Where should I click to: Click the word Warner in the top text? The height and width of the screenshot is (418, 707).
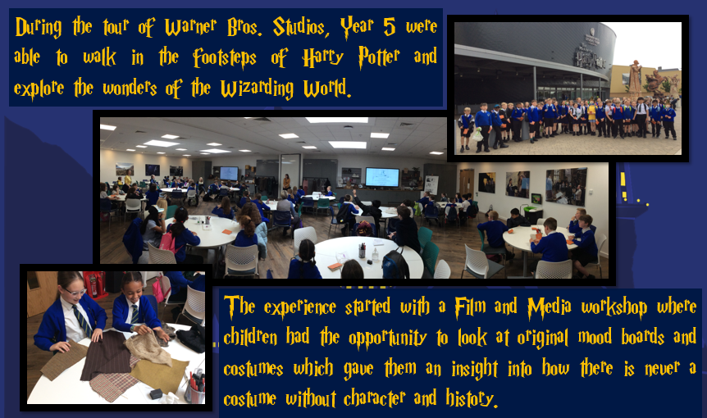click(x=190, y=27)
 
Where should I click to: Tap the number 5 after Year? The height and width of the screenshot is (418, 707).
click(x=390, y=27)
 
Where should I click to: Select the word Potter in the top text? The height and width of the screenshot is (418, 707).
click(x=379, y=57)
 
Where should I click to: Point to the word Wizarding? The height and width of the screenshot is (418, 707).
click(x=257, y=89)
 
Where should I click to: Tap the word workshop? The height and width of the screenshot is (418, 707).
click(x=614, y=307)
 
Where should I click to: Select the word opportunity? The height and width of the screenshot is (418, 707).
click(x=387, y=338)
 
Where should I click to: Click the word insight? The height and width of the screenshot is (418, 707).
click(x=474, y=369)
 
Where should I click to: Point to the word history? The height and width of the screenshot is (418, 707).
click(x=472, y=398)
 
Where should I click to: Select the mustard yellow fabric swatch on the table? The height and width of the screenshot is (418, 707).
click(x=159, y=374)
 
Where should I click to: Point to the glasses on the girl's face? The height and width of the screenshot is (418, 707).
click(x=75, y=292)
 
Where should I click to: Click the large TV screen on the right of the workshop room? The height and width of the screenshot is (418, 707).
click(x=382, y=177)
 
